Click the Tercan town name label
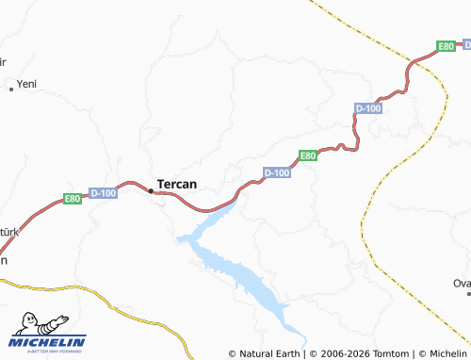[176, 184]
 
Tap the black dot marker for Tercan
[150, 190]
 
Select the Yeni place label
[26, 85]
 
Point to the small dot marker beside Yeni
[11, 89]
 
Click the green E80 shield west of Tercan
[73, 199]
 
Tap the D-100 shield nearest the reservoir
[277, 172]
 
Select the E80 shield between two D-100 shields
[307, 155]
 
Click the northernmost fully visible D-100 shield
[368, 109]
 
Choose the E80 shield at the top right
[446, 45]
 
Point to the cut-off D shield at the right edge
[465, 42]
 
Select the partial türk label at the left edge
[8, 232]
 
